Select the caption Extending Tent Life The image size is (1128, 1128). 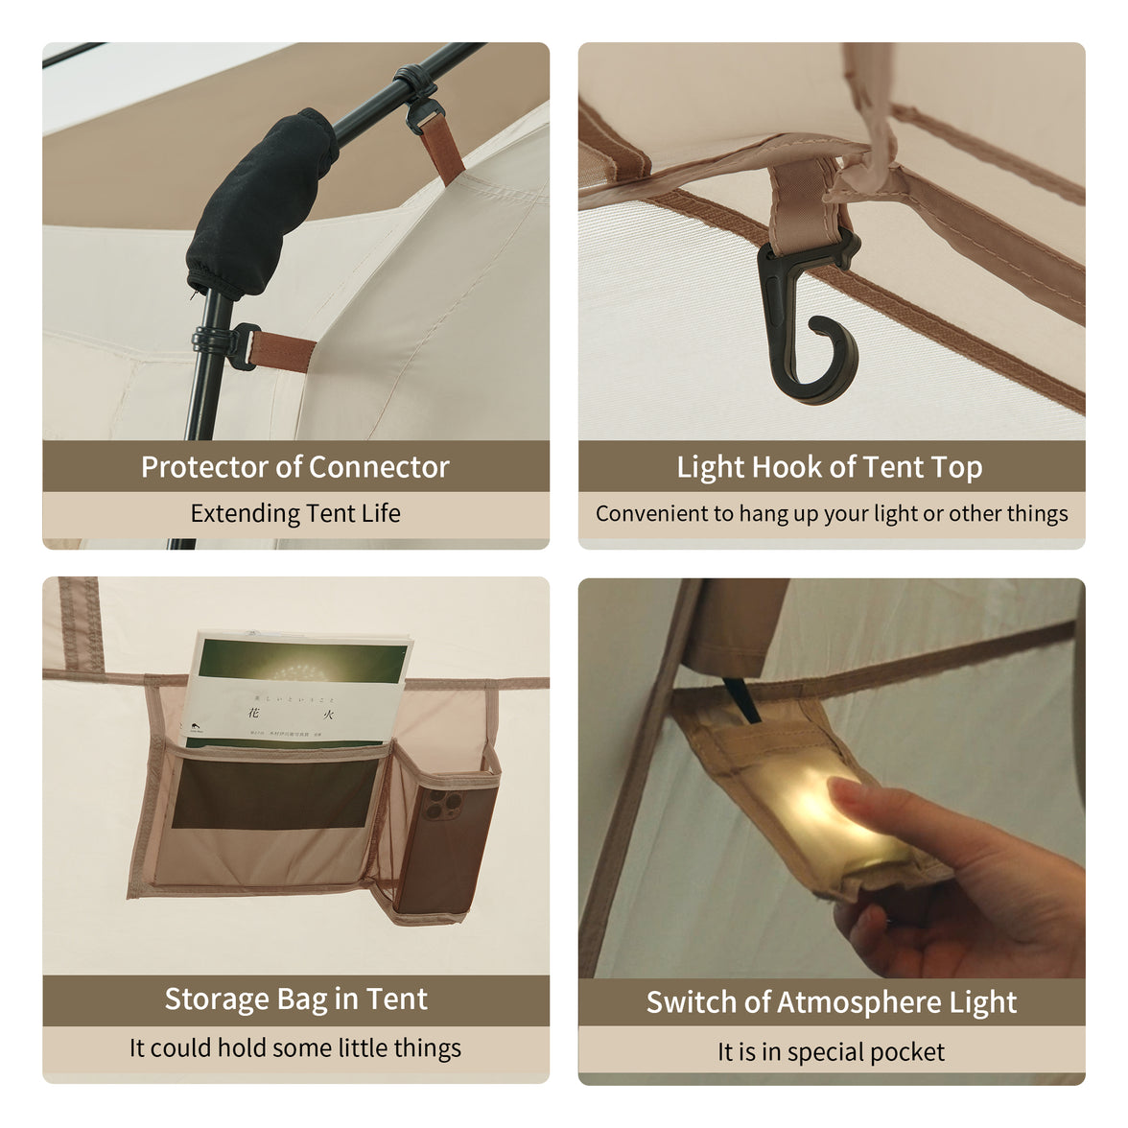coord(295,513)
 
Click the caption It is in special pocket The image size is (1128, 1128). coord(831,1052)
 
